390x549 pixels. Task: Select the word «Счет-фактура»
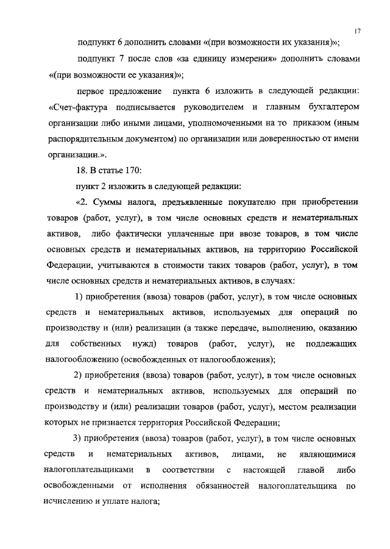click(76, 108)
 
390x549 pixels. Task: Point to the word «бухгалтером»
click(330, 108)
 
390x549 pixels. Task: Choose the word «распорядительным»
click(84, 140)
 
